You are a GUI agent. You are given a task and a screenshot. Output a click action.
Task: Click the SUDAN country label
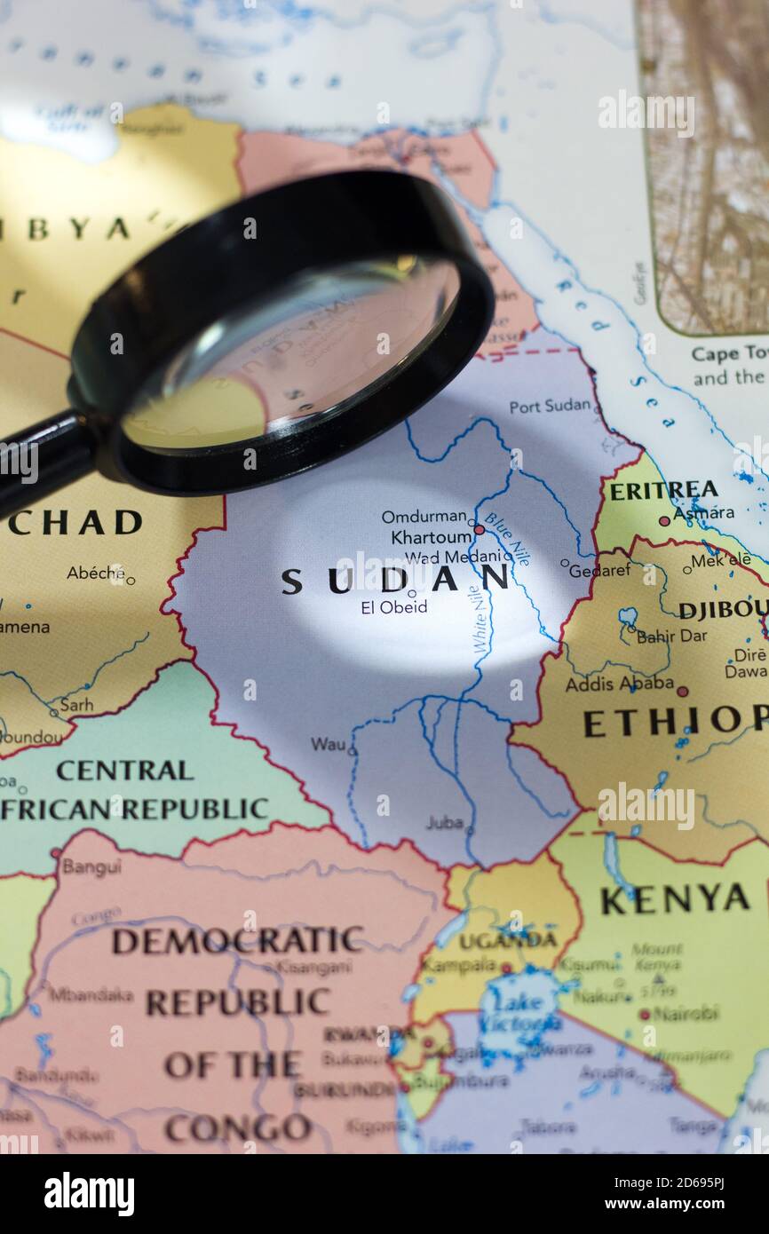point(395,580)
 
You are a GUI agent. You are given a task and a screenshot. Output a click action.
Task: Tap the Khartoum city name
point(431,538)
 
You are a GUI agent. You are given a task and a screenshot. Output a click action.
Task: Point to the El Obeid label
point(393,607)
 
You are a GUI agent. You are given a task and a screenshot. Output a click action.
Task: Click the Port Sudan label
point(550,406)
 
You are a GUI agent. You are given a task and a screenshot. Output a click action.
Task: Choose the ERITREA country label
point(663,490)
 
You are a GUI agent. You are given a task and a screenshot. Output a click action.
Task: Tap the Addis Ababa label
point(619,684)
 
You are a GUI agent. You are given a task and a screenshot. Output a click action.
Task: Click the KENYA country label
point(675,899)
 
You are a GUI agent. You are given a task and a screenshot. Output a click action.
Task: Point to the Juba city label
point(444,822)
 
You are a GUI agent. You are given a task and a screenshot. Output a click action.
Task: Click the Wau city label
point(328,744)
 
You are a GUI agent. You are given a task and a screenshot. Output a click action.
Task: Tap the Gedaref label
point(599,570)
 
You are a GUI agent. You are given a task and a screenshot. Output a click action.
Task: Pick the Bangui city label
point(91,866)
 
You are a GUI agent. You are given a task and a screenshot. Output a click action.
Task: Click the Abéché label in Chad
point(96,573)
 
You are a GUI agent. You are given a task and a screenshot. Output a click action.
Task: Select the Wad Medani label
point(453,558)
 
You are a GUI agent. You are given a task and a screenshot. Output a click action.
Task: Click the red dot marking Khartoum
point(480,529)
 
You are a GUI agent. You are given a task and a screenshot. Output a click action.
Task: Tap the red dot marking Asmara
point(663,521)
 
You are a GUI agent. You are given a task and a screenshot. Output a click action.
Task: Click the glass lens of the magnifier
point(293,355)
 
